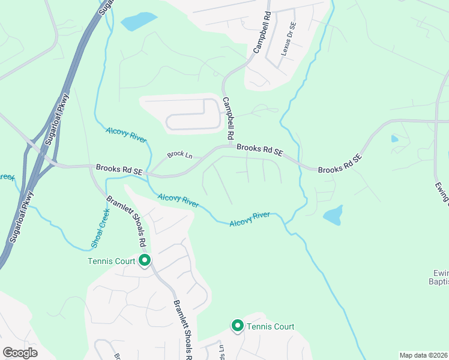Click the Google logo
tap(20, 353)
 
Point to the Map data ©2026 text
tap(423, 355)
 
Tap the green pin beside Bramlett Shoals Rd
tap(145, 260)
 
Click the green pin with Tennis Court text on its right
tap(237, 326)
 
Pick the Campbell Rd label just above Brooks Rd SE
tap(229, 118)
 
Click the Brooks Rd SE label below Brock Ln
tap(119, 170)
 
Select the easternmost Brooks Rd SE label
tap(340, 164)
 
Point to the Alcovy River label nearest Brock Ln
tap(126, 134)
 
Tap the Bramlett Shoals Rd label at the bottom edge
tap(182, 330)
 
